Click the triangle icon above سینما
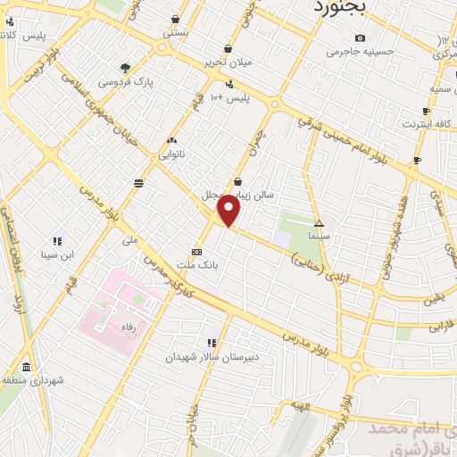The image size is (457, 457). click(x=320, y=221)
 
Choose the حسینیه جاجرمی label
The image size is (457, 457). click(x=359, y=52)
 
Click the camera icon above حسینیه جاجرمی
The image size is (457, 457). click(x=360, y=37)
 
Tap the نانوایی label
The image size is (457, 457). click(x=173, y=154)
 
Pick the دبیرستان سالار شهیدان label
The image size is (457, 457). click(x=201, y=356)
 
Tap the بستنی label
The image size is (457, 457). click(x=175, y=31)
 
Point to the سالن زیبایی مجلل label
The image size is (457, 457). click(x=259, y=193)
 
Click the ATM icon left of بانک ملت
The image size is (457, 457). click(x=195, y=252)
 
